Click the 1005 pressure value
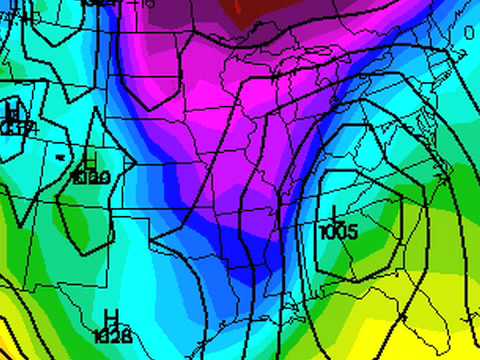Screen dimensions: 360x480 337,232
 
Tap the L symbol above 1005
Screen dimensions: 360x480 334,214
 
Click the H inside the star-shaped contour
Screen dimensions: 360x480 90,164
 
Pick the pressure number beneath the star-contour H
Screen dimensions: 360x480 91,178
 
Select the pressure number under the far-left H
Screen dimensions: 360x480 14,127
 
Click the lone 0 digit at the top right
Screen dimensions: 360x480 469,33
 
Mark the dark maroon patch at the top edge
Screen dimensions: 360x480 262,8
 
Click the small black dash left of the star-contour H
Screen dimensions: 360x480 60,157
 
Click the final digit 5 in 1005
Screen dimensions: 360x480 352,232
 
